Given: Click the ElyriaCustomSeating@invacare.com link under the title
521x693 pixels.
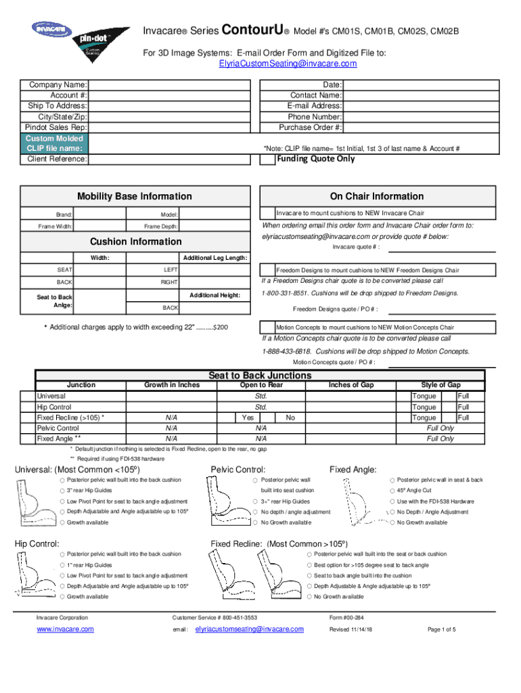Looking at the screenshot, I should pyautogui.click(x=288, y=64).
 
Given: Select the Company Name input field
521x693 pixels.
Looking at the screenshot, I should pyautogui.click(x=173, y=85).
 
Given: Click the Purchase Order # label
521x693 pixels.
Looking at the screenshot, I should pyautogui.click(x=310, y=127).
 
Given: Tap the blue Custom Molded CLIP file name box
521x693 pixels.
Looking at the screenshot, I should pyautogui.click(x=55, y=143).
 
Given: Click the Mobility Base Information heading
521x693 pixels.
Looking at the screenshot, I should pyautogui.click(x=134, y=196).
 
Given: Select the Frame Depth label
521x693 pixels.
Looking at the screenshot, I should pyautogui.click(x=161, y=226).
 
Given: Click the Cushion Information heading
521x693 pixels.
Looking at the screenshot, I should pyautogui.click(x=135, y=242).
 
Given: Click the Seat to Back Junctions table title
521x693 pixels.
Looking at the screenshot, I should pyautogui.click(x=260, y=376).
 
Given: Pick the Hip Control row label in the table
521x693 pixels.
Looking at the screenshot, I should pyautogui.click(x=53, y=407).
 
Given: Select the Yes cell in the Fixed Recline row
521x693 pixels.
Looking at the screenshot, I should pyautogui.click(x=247, y=418).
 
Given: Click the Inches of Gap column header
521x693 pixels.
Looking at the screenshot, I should pyautogui.click(x=351, y=385).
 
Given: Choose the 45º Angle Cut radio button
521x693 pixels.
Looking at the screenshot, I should pyautogui.click(x=392, y=491).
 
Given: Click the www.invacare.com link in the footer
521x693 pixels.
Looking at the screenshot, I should pyautogui.click(x=65, y=629).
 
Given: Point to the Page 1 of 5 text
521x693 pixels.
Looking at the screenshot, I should pyautogui.click(x=442, y=629).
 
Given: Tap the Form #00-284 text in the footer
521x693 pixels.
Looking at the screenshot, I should pyautogui.click(x=346, y=618).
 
